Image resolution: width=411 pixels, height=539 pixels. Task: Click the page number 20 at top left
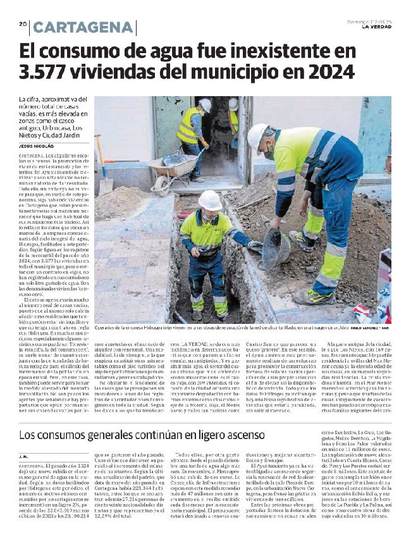tap(22, 24)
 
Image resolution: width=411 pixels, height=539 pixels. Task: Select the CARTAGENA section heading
tap(83, 27)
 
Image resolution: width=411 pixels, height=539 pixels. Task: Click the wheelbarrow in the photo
tap(169, 166)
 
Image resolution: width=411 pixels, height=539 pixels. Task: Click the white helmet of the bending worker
tap(257, 135)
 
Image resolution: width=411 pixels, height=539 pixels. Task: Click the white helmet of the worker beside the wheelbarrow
tap(205, 104)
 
